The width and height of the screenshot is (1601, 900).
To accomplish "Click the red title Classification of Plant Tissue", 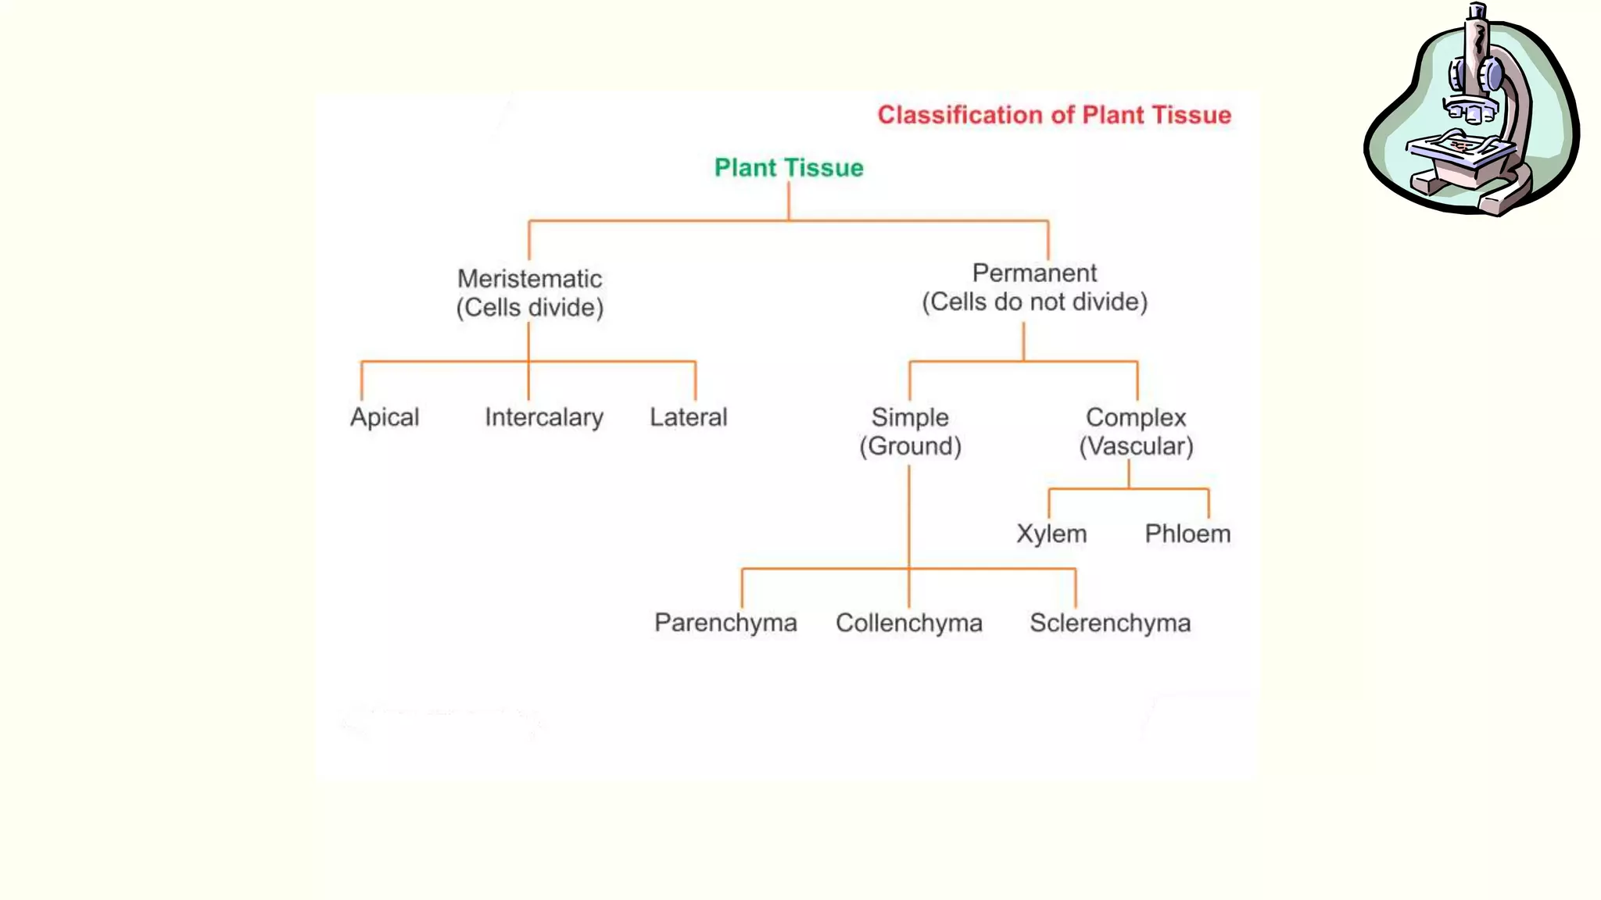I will point(1054,115).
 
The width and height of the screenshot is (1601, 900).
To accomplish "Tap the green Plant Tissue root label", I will point(789,168).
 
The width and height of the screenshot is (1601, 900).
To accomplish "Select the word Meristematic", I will point(529,279).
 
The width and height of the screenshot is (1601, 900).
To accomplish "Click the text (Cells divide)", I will point(529,308).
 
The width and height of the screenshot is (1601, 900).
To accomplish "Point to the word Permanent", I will point(1034,273).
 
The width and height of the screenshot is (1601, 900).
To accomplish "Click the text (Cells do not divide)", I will point(1034,302).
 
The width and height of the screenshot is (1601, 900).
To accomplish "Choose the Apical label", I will point(385,417).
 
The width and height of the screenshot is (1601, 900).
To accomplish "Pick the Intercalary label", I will point(544,417).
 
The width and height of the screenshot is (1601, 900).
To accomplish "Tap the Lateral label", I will point(688,417).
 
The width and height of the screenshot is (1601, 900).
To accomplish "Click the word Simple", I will point(910,417).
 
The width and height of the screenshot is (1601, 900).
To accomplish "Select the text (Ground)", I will point(910,446).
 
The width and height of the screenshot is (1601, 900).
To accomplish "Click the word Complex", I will point(1136,417).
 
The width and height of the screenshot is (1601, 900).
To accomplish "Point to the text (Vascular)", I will point(1136,446).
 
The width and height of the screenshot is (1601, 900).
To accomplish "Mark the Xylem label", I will point(1051,534).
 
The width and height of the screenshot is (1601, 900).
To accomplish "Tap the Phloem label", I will point(1187,534).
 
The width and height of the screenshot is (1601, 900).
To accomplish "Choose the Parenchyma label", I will point(725,623).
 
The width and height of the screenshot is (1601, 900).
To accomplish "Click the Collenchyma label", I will point(908,623).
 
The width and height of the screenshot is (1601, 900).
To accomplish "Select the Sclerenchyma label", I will point(1110,623).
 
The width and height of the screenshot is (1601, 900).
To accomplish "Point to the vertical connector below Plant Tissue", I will point(789,202).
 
